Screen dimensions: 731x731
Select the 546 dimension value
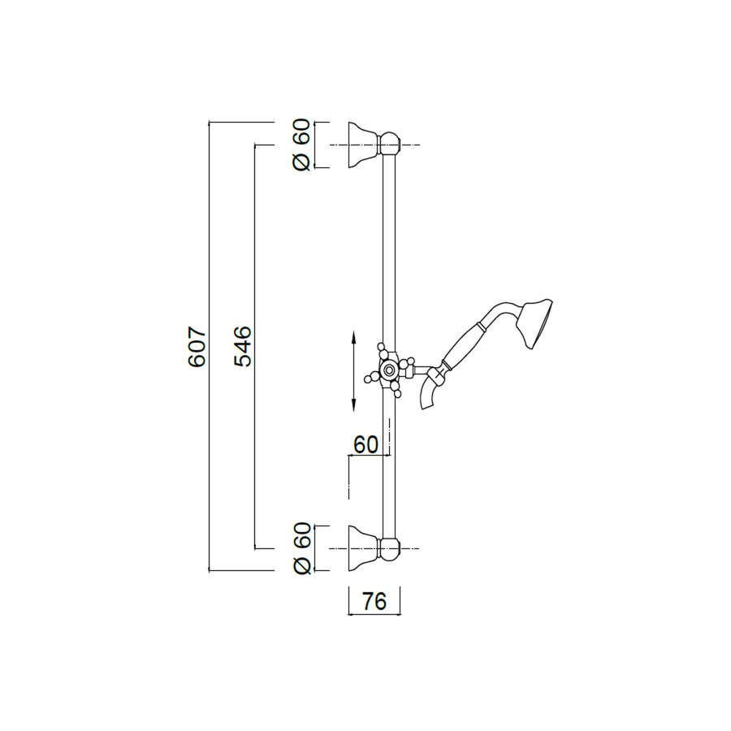243,347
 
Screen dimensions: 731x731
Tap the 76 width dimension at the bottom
374,602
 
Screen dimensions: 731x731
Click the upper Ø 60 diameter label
301,145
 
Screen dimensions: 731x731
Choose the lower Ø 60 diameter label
301,549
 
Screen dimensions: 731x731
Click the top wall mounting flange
361,145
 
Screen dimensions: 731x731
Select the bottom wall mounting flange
361,549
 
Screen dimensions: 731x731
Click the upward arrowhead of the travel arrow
353,335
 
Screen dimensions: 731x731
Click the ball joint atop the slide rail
391,145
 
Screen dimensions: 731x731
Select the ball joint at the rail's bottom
391,549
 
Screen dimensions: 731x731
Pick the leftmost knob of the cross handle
369,375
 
